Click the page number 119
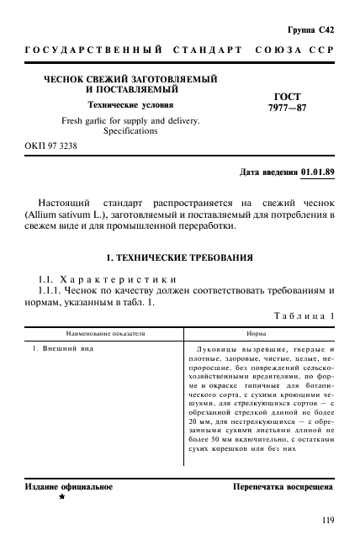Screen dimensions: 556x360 coord(328,519)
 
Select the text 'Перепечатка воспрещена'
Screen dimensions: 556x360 coord(283,487)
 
